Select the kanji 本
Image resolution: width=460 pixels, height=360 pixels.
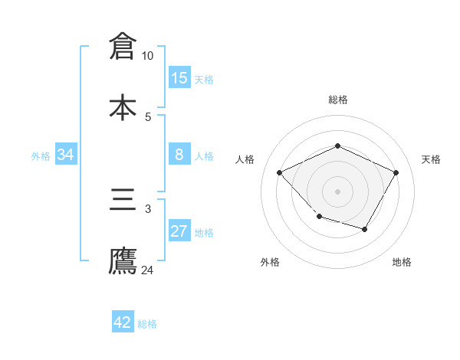[x=123, y=106]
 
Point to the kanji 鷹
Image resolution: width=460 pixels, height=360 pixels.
[x=123, y=260]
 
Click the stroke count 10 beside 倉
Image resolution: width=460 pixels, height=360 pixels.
[x=148, y=56]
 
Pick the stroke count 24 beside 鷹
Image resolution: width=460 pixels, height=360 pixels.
[x=148, y=270]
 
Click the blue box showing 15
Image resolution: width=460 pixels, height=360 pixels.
[x=179, y=78]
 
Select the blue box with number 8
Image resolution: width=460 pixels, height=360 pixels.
[x=179, y=155]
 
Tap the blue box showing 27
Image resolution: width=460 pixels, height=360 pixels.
[x=179, y=231]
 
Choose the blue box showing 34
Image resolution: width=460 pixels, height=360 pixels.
[x=66, y=155]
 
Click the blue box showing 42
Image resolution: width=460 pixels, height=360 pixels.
[x=123, y=322]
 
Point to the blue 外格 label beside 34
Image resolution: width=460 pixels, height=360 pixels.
[x=41, y=155]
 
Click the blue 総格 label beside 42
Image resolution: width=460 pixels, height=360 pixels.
[x=147, y=323]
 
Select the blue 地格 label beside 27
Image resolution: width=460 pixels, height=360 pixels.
[x=204, y=232]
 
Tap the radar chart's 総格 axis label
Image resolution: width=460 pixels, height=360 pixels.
[x=338, y=100]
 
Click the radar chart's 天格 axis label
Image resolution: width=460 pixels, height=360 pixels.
[x=431, y=159]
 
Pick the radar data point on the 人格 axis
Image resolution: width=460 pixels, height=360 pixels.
[x=280, y=173]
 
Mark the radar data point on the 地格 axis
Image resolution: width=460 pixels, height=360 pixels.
[x=365, y=229]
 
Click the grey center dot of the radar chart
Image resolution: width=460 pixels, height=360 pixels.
[x=337, y=191]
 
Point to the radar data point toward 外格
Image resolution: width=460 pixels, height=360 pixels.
[x=320, y=217]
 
